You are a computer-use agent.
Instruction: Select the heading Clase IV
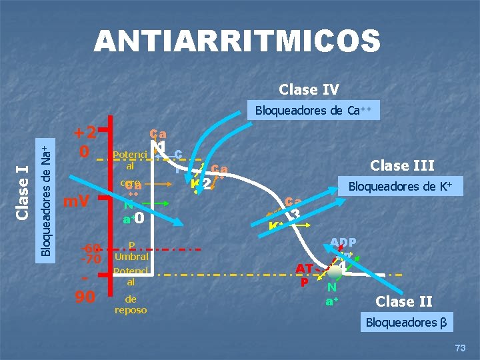pyautogui.click(x=309, y=89)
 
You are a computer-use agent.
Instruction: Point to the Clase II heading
pyautogui.click(x=404, y=301)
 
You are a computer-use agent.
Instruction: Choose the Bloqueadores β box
pyautogui.click(x=407, y=323)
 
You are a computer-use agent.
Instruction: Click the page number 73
pyautogui.click(x=459, y=347)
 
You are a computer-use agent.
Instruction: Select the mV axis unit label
pyautogui.click(x=78, y=201)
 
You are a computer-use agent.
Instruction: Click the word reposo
pyautogui.click(x=131, y=310)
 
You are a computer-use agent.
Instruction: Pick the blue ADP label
pyautogui.click(x=343, y=243)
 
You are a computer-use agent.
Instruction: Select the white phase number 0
pyautogui.click(x=139, y=217)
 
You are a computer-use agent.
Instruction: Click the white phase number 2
pyautogui.click(x=207, y=183)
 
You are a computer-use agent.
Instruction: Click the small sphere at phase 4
pyautogui.click(x=335, y=270)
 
